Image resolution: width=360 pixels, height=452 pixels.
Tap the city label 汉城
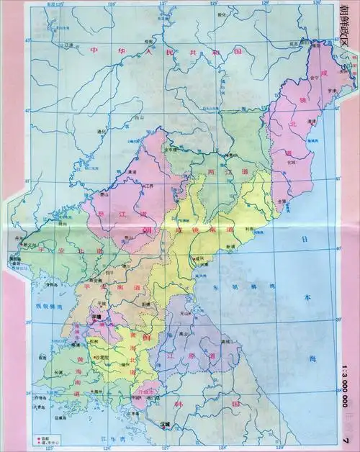(165, 424)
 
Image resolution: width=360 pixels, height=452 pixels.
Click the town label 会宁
(314, 78)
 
